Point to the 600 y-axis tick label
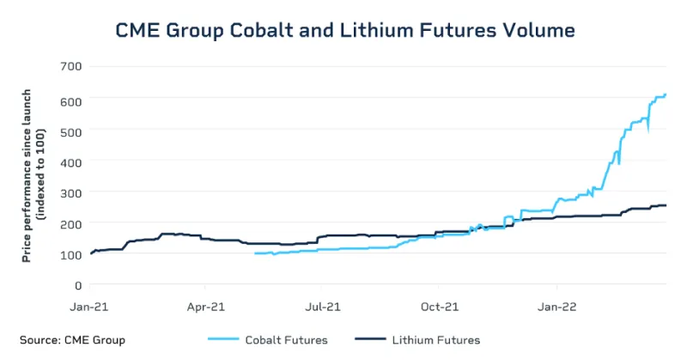click(70, 101)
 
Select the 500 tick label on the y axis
click(70, 131)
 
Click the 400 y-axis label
click(70, 162)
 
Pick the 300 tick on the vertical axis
click(70, 192)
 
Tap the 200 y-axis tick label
click(70, 223)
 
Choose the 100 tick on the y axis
click(70, 254)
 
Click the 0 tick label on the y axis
click(77, 284)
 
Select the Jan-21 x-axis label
click(90, 305)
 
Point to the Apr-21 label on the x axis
click(205, 305)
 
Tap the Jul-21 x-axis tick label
click(320, 305)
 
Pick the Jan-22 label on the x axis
click(556, 305)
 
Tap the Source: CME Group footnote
click(72, 339)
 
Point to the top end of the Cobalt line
click(666, 95)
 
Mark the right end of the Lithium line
click(666, 205)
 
